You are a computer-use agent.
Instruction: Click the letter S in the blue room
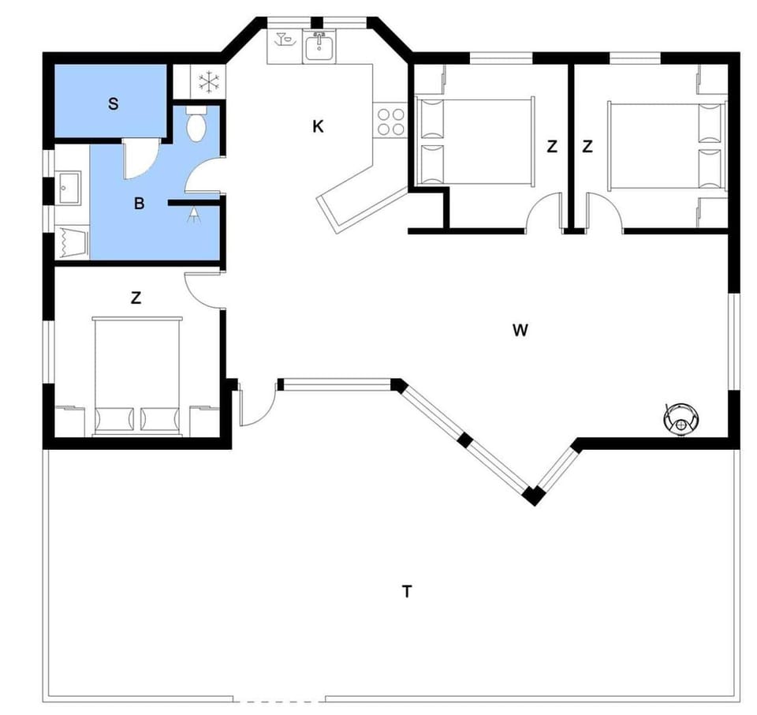(114, 104)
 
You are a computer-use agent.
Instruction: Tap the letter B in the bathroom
(140, 204)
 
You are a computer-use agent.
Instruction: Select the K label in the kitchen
(318, 126)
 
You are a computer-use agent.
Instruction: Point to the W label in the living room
(520, 331)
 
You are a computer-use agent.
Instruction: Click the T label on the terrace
(407, 591)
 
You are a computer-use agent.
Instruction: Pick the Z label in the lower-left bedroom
(136, 298)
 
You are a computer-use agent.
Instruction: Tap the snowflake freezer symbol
(208, 80)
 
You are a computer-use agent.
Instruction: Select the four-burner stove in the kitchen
(390, 121)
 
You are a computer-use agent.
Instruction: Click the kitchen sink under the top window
(319, 47)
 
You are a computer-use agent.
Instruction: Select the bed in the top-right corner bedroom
(667, 145)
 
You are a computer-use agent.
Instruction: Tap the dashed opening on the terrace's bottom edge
(279, 700)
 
